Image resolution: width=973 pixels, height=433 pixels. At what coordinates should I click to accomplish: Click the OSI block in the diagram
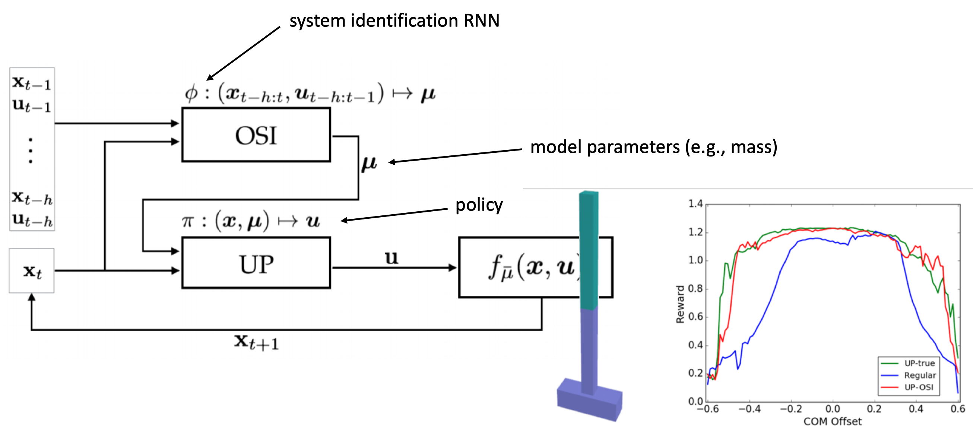[256, 135]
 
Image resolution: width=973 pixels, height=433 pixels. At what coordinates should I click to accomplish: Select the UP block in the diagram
[256, 263]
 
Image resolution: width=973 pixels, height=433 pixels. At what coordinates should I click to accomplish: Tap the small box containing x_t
[32, 271]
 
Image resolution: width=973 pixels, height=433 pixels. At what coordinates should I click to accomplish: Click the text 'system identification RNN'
[394, 20]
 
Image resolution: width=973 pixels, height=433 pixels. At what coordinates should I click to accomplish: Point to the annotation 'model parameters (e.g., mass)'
[653, 146]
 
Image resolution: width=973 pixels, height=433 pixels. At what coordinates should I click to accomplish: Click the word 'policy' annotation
[479, 205]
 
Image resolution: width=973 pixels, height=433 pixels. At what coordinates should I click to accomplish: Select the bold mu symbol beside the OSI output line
[369, 164]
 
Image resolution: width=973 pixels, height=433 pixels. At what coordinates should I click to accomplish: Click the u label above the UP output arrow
[391, 257]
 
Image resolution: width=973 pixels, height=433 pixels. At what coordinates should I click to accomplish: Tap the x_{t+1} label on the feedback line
[256, 342]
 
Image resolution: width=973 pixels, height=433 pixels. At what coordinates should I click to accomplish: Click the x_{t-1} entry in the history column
[32, 82]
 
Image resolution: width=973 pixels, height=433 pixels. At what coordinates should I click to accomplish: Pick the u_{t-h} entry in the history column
[32, 219]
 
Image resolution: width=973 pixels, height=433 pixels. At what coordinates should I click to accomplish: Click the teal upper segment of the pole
[589, 249]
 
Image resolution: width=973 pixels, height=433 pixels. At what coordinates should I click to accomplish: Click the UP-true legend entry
[919, 363]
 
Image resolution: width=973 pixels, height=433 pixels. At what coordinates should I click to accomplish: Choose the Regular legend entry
[919, 375]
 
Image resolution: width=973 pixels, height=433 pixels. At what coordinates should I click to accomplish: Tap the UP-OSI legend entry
[918, 387]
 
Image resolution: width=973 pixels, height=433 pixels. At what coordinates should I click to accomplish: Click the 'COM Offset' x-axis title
[832, 421]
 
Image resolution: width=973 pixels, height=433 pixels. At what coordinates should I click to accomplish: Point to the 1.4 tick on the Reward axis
[695, 204]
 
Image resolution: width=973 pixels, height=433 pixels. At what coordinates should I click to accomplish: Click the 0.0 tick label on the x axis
[833, 409]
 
